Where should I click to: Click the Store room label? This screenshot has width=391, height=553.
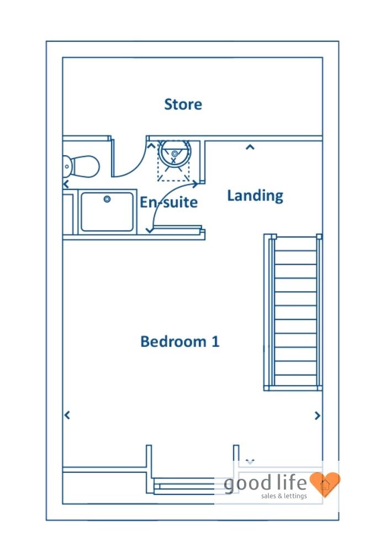point(183,104)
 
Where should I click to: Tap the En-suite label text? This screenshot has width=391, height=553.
point(168,202)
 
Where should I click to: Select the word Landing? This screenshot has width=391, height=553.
point(255,196)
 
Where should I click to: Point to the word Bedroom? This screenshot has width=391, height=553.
point(173,341)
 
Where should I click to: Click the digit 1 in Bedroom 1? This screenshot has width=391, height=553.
point(215,341)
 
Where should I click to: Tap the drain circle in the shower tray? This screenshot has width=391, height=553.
point(107,199)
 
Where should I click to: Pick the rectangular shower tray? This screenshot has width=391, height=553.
point(107,212)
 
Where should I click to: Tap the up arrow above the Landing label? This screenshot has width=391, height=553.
point(250,147)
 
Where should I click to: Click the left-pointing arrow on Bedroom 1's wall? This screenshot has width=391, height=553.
point(67,415)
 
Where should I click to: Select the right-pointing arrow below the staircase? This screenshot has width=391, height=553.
point(318,415)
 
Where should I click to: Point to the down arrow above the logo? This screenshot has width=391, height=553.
point(250,461)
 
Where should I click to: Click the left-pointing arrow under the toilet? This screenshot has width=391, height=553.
point(66,184)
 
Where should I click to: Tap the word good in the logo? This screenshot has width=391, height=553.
point(248,484)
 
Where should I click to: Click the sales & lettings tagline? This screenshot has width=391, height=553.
point(292,496)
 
